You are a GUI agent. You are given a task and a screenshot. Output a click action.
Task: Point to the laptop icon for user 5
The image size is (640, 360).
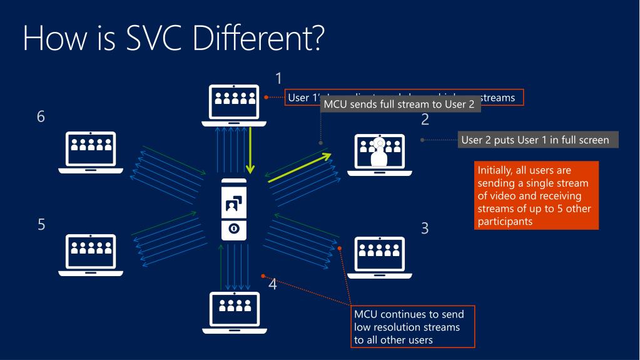91,255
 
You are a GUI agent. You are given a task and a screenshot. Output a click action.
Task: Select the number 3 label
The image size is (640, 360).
425,229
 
